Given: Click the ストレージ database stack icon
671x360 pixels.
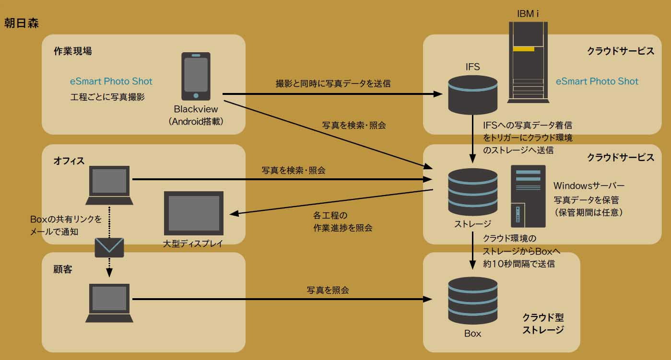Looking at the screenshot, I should pos(472,192).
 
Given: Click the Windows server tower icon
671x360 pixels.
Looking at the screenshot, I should pos(529,196).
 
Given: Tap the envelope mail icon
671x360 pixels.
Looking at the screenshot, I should pos(109,247).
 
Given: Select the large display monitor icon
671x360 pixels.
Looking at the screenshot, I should pos(193,212).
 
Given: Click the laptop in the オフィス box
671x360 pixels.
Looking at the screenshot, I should pos(109,185).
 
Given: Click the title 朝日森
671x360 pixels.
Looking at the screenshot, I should pos(22,23).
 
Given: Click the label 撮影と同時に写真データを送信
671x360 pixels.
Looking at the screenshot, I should pos(333,83).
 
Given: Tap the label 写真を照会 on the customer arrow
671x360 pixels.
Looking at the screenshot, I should pos(328,290).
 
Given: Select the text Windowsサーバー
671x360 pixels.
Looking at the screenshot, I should pos(589,185).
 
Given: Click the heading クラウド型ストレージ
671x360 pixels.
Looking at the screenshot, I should pos(543,324).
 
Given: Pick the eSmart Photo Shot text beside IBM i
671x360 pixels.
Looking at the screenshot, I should pos(597,81).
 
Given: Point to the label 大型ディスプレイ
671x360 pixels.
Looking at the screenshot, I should pos(193,244).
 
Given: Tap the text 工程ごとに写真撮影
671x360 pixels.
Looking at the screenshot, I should pos(107,97).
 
